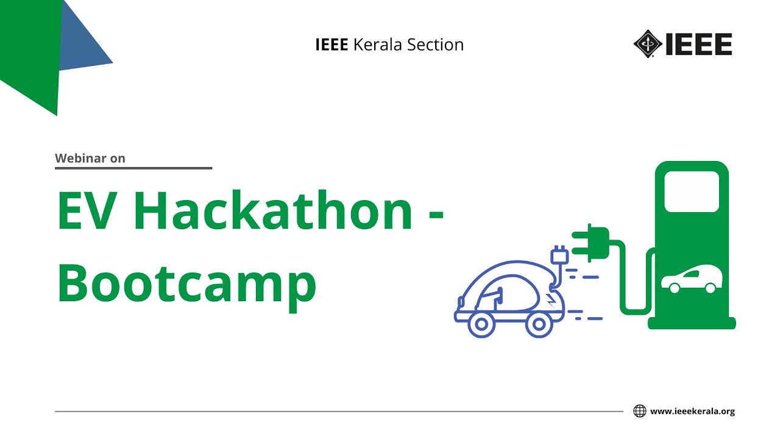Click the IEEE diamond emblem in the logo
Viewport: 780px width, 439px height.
(647, 45)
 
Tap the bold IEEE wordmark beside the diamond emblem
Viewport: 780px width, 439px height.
(698, 45)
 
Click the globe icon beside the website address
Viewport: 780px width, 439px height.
(639, 411)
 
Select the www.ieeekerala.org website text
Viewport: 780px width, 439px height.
(692, 412)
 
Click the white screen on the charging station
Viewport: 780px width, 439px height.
(692, 191)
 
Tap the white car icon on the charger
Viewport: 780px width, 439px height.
(692, 280)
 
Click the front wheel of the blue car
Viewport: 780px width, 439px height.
(539, 324)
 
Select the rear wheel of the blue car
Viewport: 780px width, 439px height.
(481, 324)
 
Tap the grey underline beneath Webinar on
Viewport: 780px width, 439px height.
(133, 168)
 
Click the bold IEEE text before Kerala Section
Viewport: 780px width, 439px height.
(331, 45)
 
